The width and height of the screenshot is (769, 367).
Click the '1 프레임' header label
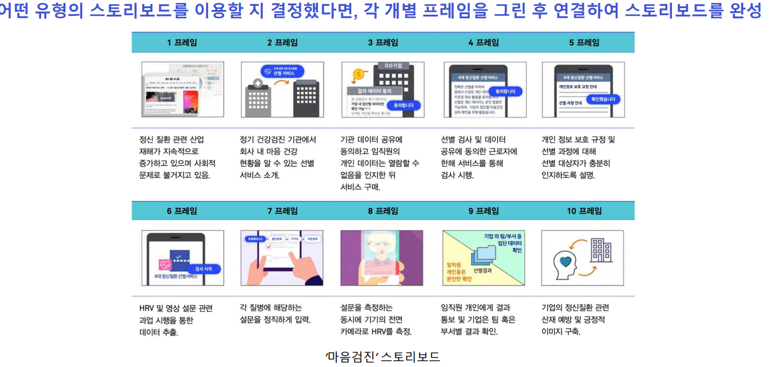click(x=182, y=42)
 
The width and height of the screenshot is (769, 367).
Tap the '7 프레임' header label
click(x=282, y=211)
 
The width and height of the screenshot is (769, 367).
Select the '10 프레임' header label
click(x=584, y=211)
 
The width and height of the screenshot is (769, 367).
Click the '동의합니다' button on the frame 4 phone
click(x=506, y=91)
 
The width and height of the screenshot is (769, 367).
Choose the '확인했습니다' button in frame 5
click(x=603, y=99)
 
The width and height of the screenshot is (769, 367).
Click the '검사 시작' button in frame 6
click(x=203, y=268)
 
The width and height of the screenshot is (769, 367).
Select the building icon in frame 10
click(x=600, y=251)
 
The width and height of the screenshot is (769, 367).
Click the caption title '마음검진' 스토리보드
click(x=383, y=356)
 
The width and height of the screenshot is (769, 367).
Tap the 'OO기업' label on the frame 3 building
click(x=393, y=65)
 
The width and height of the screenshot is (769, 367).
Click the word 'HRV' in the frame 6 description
click(x=147, y=308)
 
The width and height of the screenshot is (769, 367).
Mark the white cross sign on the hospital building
click(x=257, y=84)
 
